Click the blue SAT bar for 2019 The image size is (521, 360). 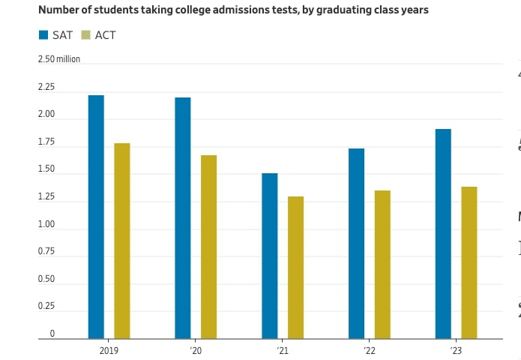(x=96, y=217)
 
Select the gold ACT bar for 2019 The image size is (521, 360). (x=122, y=241)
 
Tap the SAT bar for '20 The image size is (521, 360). (x=183, y=218)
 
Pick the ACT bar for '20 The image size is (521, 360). (x=209, y=247)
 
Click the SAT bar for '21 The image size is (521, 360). (x=270, y=256)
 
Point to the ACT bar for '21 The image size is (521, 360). (x=296, y=268)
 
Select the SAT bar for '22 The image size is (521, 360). (x=357, y=244)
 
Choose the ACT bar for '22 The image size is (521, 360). (x=382, y=265)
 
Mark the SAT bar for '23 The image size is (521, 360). (x=443, y=234)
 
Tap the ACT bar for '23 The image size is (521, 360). (x=469, y=262)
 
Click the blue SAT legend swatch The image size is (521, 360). (x=43, y=35)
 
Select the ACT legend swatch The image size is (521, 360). (x=85, y=35)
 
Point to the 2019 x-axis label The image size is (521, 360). (x=109, y=350)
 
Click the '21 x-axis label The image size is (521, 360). (x=283, y=350)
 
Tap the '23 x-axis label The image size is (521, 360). (x=456, y=350)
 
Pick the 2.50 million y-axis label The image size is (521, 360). (x=59, y=59)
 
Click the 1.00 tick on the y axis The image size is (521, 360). (x=46, y=224)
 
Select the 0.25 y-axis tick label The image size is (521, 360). (x=46, y=306)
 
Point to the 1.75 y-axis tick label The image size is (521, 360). (x=46, y=142)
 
